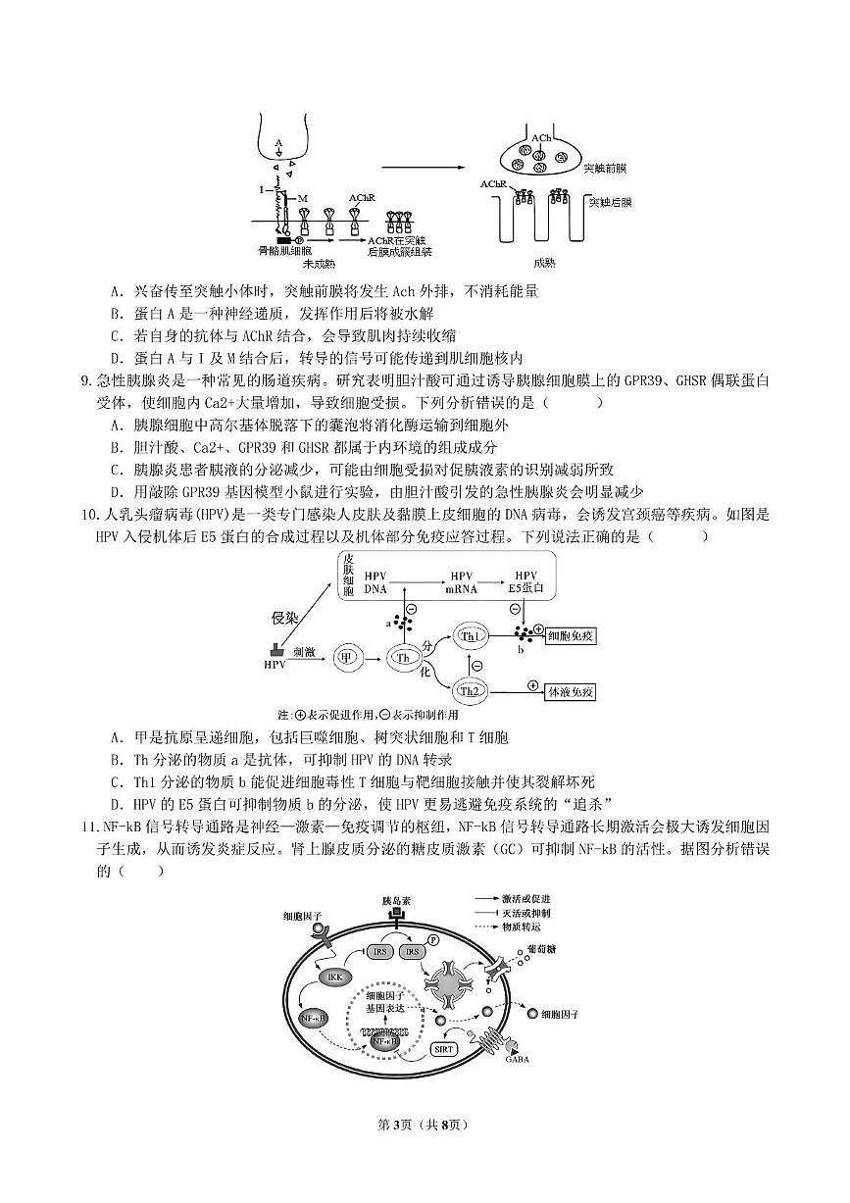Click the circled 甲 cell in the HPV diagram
click(344, 658)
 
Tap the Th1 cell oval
click(472, 637)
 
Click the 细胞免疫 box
click(572, 636)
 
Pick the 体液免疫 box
click(571, 692)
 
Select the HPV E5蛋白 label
click(526, 581)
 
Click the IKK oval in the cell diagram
click(331, 977)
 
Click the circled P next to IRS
click(432, 939)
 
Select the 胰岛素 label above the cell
click(395, 899)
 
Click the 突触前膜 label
click(605, 169)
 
